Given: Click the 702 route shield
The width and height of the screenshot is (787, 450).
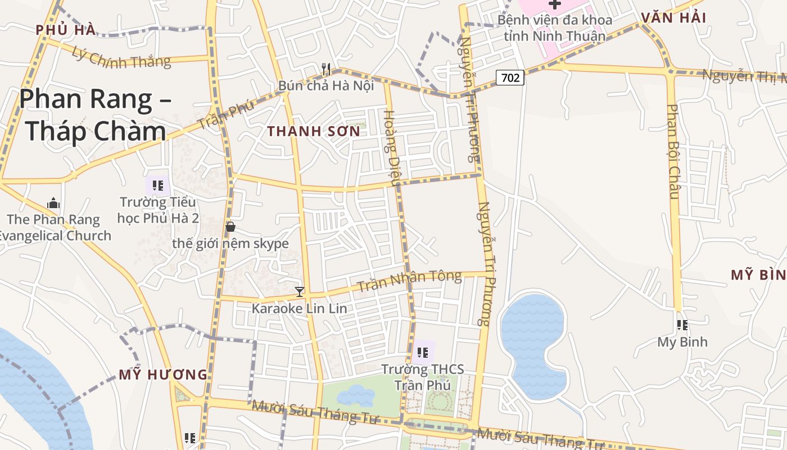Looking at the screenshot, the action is point(510,78).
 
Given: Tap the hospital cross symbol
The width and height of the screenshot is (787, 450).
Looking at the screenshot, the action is point(555,4).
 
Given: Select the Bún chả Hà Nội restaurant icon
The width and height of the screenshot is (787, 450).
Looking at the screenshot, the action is point(326,69).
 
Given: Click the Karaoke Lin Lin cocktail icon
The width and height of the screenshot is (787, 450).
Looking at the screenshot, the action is point(300,291).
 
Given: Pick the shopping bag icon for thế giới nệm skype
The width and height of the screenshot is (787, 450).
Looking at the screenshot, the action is point(230,227).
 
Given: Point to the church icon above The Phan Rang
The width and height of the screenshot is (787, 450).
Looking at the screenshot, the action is point(53,203).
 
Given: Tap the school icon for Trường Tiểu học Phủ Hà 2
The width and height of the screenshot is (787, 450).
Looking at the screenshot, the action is point(158,185).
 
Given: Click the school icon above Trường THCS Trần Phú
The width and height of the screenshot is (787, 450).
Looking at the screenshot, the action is point(423,353).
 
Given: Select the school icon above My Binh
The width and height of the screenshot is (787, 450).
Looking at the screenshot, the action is point(682,325).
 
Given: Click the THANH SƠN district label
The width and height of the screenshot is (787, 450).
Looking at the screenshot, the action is point(313,131).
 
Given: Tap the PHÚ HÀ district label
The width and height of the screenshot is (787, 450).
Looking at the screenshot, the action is point(66,30).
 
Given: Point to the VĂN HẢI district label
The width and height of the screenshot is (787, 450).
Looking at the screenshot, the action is point(673,17).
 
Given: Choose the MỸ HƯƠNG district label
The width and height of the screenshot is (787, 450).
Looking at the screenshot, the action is point(163,375).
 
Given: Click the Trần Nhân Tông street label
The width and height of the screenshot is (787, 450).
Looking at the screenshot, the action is point(409,281).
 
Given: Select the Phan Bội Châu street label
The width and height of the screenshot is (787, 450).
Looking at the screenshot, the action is point(673,151).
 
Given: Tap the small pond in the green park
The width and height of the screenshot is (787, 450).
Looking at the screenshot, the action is point(355,395).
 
